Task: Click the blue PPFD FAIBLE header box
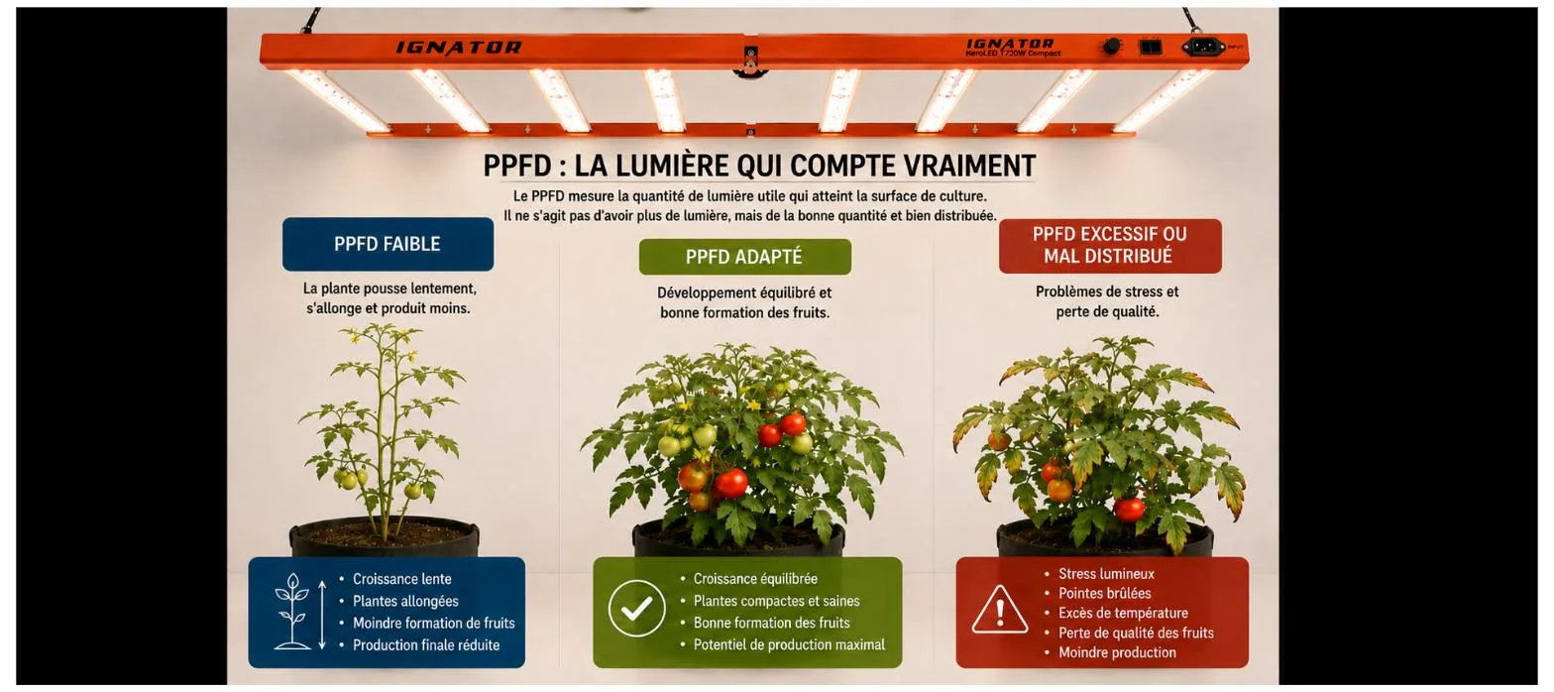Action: coord(388,244)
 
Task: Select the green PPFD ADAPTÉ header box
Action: coord(744,257)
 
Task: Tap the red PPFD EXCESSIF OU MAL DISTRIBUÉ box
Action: coord(1110,246)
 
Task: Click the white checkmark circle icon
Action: coord(636,609)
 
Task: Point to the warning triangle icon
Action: coord(1000,611)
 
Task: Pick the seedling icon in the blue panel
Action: coord(292,611)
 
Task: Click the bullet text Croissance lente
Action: coord(401,579)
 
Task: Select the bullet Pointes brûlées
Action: coord(1104,594)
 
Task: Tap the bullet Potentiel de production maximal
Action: coord(789,644)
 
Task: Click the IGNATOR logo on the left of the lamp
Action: coord(459,48)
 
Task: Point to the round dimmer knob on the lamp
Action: coord(1111,47)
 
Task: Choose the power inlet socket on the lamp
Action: coord(1203,48)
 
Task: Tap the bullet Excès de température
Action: coord(1123,613)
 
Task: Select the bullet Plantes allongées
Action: coord(405,601)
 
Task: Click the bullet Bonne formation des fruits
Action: coord(771,623)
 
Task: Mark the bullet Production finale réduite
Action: coord(426,644)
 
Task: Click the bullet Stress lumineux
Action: coord(1106,574)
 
